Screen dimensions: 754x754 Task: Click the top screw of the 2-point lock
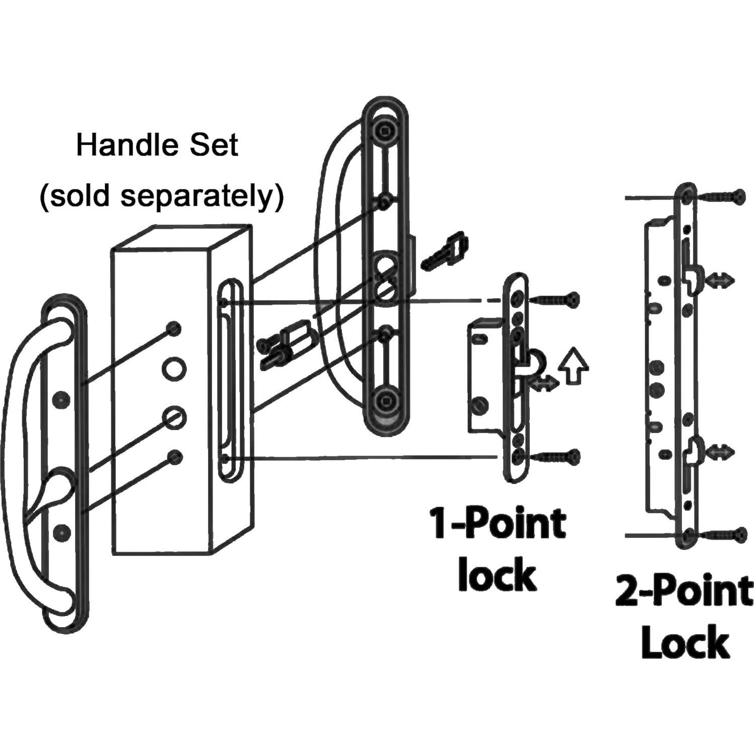pyautogui.click(x=721, y=197)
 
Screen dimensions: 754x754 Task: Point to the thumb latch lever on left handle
pyautogui.click(x=48, y=496)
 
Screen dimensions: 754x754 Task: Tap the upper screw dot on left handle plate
pyautogui.click(x=61, y=399)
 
